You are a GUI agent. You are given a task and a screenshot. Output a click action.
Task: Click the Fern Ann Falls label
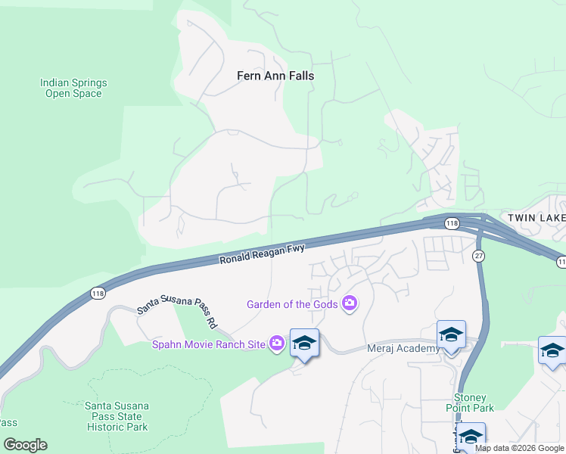coord(275,76)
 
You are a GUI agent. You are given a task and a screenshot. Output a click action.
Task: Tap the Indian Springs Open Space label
coord(73,88)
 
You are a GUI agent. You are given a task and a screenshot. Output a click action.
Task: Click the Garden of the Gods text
coord(293,304)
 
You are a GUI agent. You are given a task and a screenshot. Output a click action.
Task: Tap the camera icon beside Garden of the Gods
coord(350,304)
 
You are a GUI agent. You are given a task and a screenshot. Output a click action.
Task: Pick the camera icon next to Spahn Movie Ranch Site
coord(277,344)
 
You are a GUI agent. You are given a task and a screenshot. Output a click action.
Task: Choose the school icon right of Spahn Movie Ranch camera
coord(304,343)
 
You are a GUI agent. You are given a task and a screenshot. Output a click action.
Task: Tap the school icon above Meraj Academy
coord(451,334)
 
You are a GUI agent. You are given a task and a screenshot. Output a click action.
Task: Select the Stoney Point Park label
coord(474,403)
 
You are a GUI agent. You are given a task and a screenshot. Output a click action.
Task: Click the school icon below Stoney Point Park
coord(471,437)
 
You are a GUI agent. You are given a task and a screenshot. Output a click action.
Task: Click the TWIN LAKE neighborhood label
coord(536,218)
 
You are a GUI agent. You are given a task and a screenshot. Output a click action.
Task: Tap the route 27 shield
coord(479,257)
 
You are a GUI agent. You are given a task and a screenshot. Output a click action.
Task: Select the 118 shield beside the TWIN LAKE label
coord(452,223)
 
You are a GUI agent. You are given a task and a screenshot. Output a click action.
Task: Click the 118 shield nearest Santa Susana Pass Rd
coord(98,294)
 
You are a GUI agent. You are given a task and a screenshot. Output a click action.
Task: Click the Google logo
coord(25,445)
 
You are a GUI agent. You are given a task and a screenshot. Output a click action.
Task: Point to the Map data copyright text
coord(520,448)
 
